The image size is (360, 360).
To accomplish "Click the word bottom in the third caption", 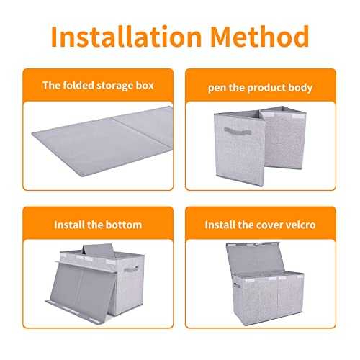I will (x=124, y=225).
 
